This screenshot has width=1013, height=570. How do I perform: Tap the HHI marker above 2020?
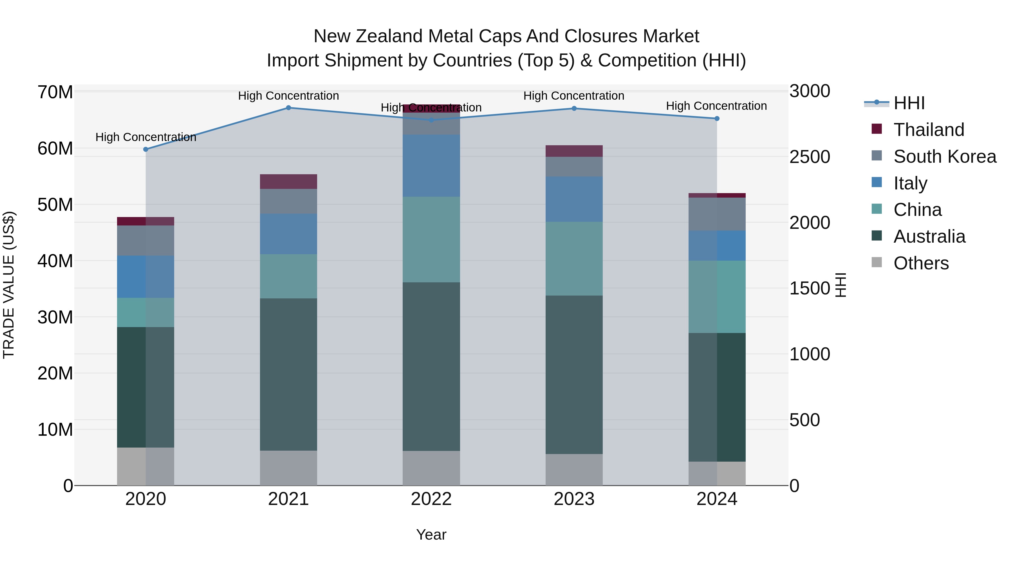(x=145, y=149)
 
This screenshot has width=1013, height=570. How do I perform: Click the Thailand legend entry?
(x=929, y=130)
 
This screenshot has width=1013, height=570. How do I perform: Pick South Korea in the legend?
(x=945, y=157)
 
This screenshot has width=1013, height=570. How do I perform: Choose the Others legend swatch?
(x=877, y=262)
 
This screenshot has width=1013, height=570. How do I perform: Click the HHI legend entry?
(x=909, y=103)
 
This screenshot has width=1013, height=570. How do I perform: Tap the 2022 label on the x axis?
(x=431, y=499)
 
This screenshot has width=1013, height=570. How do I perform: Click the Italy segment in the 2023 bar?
(x=574, y=199)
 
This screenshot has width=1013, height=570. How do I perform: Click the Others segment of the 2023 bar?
(x=574, y=470)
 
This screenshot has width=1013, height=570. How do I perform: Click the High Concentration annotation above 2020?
(x=145, y=137)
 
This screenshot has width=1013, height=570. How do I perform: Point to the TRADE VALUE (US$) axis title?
(x=9, y=285)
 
